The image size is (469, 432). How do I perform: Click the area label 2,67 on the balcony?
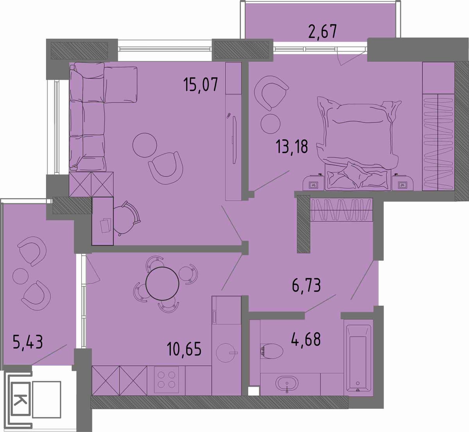click(x=322, y=32)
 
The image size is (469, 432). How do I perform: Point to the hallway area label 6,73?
click(x=306, y=285)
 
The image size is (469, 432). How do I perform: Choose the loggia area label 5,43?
click(x=28, y=342)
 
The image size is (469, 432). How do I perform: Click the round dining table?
click(x=162, y=284)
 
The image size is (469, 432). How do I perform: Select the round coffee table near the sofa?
click(x=145, y=145)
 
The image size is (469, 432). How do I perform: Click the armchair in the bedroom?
click(x=271, y=92)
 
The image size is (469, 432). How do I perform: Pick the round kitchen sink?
click(x=227, y=354)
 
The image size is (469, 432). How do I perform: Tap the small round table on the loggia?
click(x=21, y=276)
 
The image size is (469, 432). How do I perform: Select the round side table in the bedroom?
click(x=270, y=124)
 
